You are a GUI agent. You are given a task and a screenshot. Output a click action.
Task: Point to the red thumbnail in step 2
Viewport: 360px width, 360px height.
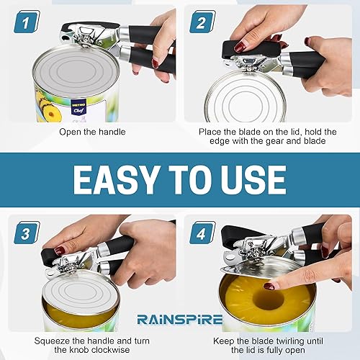pyautogui.click(x=240, y=47)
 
